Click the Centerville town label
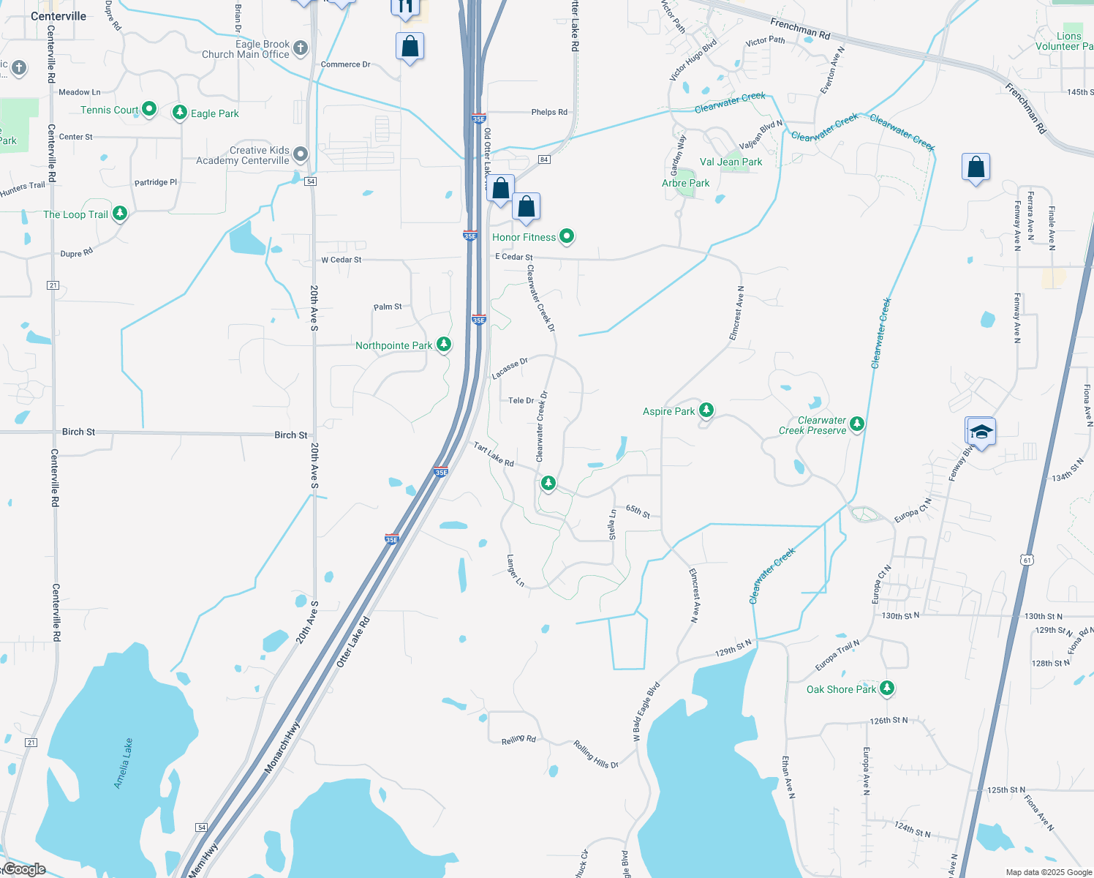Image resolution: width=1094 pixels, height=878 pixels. click(x=59, y=16)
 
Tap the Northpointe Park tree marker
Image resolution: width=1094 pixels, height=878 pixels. click(x=443, y=344)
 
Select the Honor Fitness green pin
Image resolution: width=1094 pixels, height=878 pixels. click(x=567, y=236)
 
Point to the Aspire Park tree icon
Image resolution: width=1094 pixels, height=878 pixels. click(x=706, y=410)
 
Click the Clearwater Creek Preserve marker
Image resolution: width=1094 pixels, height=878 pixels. click(x=857, y=424)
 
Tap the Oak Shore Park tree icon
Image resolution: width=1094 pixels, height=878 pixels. click(x=887, y=688)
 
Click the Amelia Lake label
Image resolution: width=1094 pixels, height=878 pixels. click(x=124, y=763)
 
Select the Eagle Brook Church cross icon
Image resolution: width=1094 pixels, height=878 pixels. click(x=300, y=49)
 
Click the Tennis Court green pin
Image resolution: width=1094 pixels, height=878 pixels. click(x=149, y=109)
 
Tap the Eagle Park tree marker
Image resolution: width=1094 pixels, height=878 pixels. click(x=180, y=112)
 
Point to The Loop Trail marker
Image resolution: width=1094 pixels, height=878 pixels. click(x=120, y=214)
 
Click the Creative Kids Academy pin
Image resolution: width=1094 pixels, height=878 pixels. click(x=300, y=154)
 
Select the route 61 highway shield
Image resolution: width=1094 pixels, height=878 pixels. click(x=1027, y=560)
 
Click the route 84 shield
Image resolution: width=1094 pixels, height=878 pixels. click(x=543, y=160)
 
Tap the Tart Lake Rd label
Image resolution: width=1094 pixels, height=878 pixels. click(x=494, y=454)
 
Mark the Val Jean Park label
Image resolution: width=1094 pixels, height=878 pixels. click(x=731, y=162)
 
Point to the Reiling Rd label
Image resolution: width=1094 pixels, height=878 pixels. click(x=518, y=740)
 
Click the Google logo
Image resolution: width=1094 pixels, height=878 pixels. click(x=24, y=869)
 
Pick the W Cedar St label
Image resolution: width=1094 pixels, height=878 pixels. click(x=342, y=260)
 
